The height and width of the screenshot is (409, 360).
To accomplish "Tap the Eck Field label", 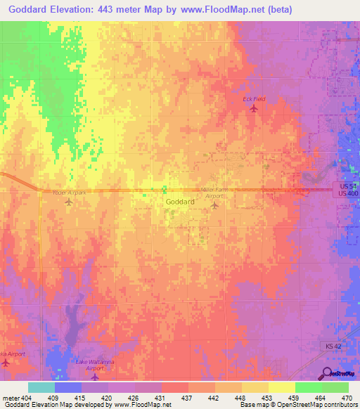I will [x=254, y=99].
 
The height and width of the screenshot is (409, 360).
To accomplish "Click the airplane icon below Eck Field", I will [x=254, y=108].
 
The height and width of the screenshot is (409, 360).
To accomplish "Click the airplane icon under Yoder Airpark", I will [x=68, y=202].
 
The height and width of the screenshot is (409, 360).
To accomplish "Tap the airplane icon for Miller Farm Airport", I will [x=215, y=205].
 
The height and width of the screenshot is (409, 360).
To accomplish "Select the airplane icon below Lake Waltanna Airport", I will [x=94, y=377].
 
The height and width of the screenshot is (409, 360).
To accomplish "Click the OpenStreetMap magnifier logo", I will [x=326, y=373].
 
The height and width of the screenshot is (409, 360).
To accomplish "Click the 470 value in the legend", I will [x=347, y=397].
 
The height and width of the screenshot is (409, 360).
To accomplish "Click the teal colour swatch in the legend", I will [x=41, y=387].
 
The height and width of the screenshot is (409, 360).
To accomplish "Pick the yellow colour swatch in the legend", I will [x=282, y=387].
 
